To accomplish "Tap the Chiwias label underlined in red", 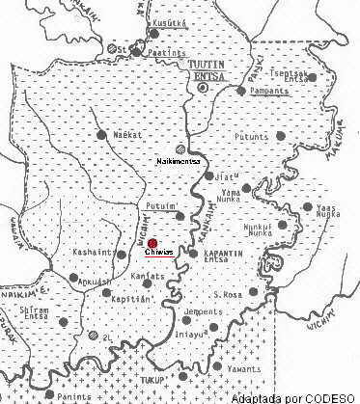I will pyautogui.click(x=157, y=254).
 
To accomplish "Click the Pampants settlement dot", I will pyautogui.click(x=241, y=91).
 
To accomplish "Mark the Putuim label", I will pyautogui.click(x=159, y=205).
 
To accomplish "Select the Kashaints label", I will pyautogui.click(x=94, y=253).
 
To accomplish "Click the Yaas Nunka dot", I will pyautogui.click(x=308, y=206).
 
